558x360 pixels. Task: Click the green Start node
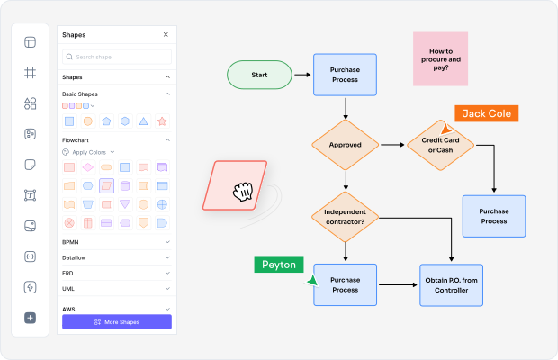pos(259,75)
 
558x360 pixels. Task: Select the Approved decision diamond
pos(346,144)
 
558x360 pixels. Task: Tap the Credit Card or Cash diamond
pos(440,144)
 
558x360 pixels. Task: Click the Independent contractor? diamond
pos(346,216)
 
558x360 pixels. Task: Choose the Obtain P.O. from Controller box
pos(451,284)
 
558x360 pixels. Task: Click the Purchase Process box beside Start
pos(344,74)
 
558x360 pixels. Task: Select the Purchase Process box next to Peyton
pos(345,284)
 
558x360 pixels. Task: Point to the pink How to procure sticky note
pos(440,59)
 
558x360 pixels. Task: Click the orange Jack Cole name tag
pos(487,113)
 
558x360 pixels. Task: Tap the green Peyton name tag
pos(278,265)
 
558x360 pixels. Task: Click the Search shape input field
pos(116,57)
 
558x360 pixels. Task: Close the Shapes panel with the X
pos(166,35)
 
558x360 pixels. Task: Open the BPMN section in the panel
pos(115,242)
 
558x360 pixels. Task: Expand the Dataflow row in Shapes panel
pos(115,257)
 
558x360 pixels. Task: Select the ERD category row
pos(115,273)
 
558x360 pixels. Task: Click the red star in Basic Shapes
pos(162,121)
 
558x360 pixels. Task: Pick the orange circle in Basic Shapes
pos(87,121)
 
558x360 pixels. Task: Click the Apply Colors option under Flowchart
pos(88,152)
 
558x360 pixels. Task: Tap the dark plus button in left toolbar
pos(30,318)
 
